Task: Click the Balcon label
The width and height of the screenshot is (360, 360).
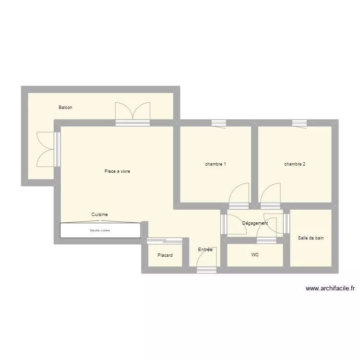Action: [x=65, y=108]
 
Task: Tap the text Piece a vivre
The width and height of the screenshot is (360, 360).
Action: [x=117, y=171]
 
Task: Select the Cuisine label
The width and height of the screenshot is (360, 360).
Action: [x=99, y=215]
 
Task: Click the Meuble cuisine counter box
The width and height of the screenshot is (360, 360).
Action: [x=100, y=230]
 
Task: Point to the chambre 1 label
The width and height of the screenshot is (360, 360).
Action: [x=216, y=164]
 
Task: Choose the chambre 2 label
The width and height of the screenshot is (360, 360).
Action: [x=295, y=164]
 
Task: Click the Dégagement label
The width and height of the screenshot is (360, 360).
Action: [x=255, y=223]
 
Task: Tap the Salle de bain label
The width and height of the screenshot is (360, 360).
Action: [x=311, y=238]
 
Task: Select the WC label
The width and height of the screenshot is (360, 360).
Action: [x=255, y=255]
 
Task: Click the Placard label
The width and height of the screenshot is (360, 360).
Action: [x=165, y=255]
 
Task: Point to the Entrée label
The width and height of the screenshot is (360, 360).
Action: [x=205, y=250]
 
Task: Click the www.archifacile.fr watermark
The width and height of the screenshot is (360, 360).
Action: [x=330, y=288]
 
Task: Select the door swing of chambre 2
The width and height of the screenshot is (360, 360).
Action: [x=270, y=195]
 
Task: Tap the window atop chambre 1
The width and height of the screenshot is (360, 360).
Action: [x=219, y=123]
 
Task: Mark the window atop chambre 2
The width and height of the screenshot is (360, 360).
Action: [x=300, y=123]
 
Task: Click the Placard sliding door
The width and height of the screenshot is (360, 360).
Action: [x=165, y=240]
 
